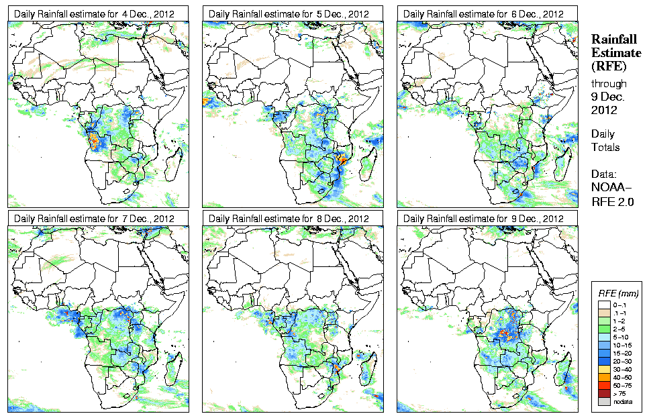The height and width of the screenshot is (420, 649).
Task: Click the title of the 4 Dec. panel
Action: (x=94, y=13)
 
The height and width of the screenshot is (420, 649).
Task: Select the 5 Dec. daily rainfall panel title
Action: (x=289, y=13)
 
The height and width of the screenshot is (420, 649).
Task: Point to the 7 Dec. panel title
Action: (x=94, y=219)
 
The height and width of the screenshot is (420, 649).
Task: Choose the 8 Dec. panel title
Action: (x=289, y=219)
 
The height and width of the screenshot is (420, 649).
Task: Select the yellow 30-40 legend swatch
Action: (x=604, y=369)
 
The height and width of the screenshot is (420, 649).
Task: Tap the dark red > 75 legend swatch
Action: (x=604, y=393)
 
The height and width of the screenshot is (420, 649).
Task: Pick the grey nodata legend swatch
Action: (x=604, y=401)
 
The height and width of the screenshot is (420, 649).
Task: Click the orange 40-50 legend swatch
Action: (x=604, y=377)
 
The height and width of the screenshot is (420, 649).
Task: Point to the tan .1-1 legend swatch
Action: (x=604, y=313)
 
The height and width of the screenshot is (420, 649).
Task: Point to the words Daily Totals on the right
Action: (x=605, y=141)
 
